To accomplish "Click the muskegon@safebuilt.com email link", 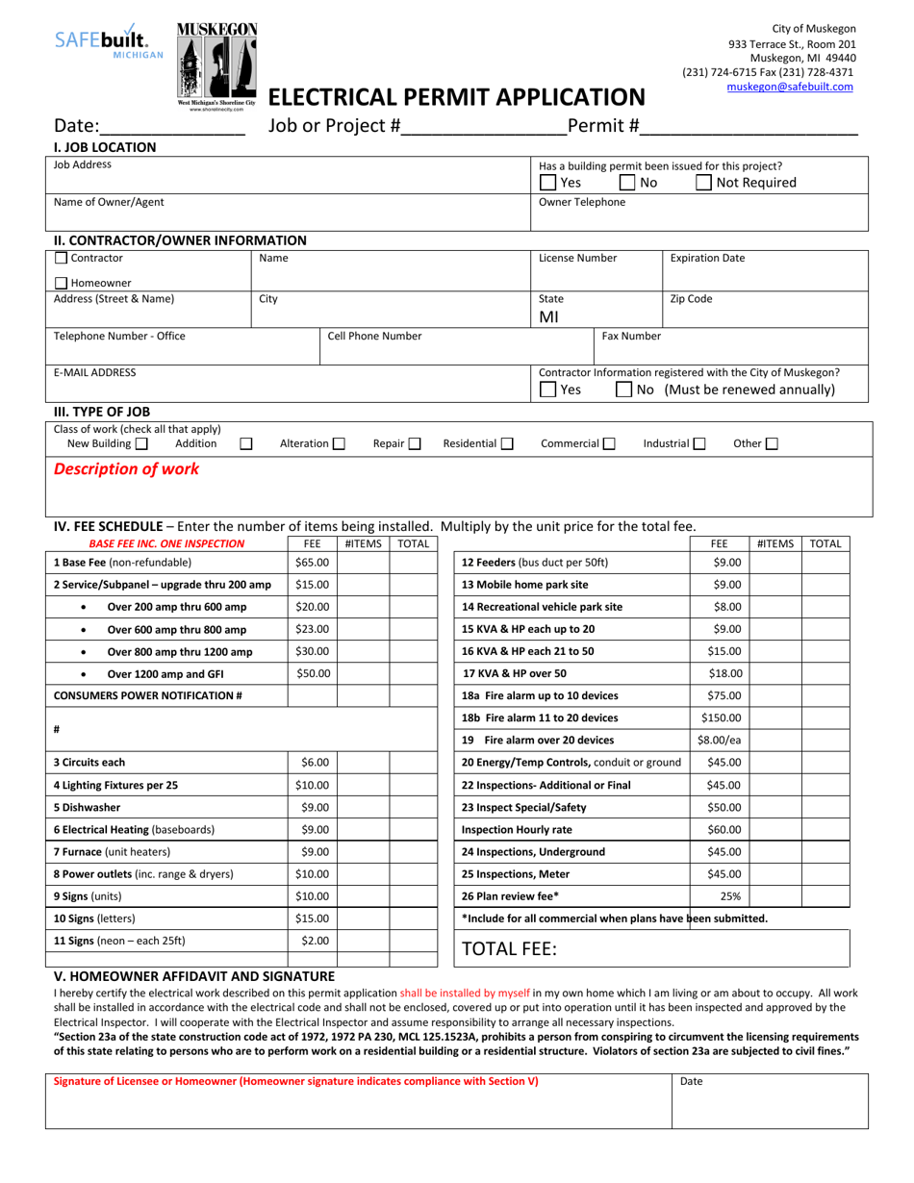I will tap(789, 87).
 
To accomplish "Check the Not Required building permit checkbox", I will tap(704, 183).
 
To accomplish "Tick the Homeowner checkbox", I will tap(62, 283).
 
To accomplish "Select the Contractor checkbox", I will tap(62, 258).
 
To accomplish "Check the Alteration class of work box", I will tap(339, 444).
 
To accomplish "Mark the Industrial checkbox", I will tap(698, 444).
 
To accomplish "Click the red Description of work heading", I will tap(127, 469).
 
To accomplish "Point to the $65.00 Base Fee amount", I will tap(312, 563).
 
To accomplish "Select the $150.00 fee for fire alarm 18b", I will tap(721, 717).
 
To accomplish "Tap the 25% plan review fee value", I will tap(730, 896).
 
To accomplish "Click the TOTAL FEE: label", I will tap(510, 948).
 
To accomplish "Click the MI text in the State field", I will tap(548, 316).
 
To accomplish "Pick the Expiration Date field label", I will tap(707, 258).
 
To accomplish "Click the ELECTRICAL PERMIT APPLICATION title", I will tap(456, 97).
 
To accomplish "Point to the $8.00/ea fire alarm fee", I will tap(721, 741).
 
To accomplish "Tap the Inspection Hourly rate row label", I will tap(517, 829).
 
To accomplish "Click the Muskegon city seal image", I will tap(216, 60).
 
